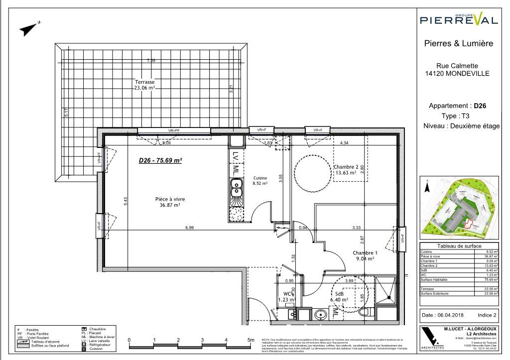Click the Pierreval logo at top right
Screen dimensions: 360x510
459,19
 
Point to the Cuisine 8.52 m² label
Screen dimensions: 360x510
260,180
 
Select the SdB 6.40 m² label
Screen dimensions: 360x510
341,297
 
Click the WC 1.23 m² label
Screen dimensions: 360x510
287,297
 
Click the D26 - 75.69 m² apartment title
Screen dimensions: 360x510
159,160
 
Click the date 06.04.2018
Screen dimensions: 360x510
442,315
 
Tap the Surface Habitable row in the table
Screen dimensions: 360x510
459,280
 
